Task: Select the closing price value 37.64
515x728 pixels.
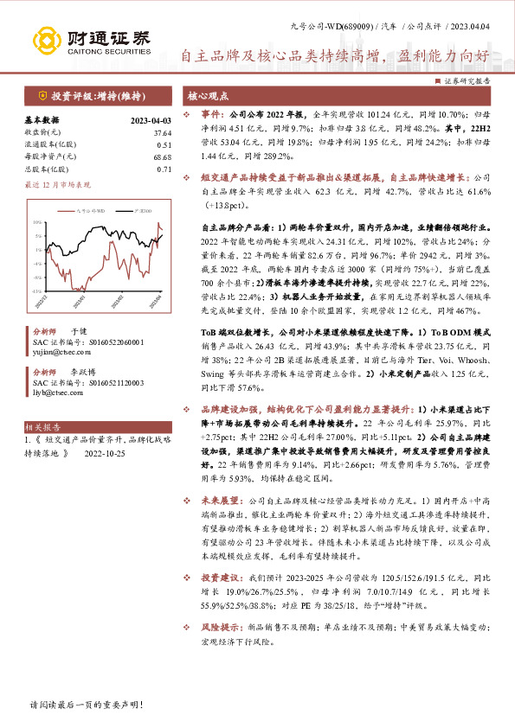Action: point(163,133)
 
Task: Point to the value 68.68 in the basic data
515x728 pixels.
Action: point(163,156)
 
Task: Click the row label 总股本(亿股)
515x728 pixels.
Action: point(44,169)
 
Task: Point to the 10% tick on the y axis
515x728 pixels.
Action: point(38,222)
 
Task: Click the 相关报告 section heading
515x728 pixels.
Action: point(42,426)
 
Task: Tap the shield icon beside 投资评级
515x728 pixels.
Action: point(42,95)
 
